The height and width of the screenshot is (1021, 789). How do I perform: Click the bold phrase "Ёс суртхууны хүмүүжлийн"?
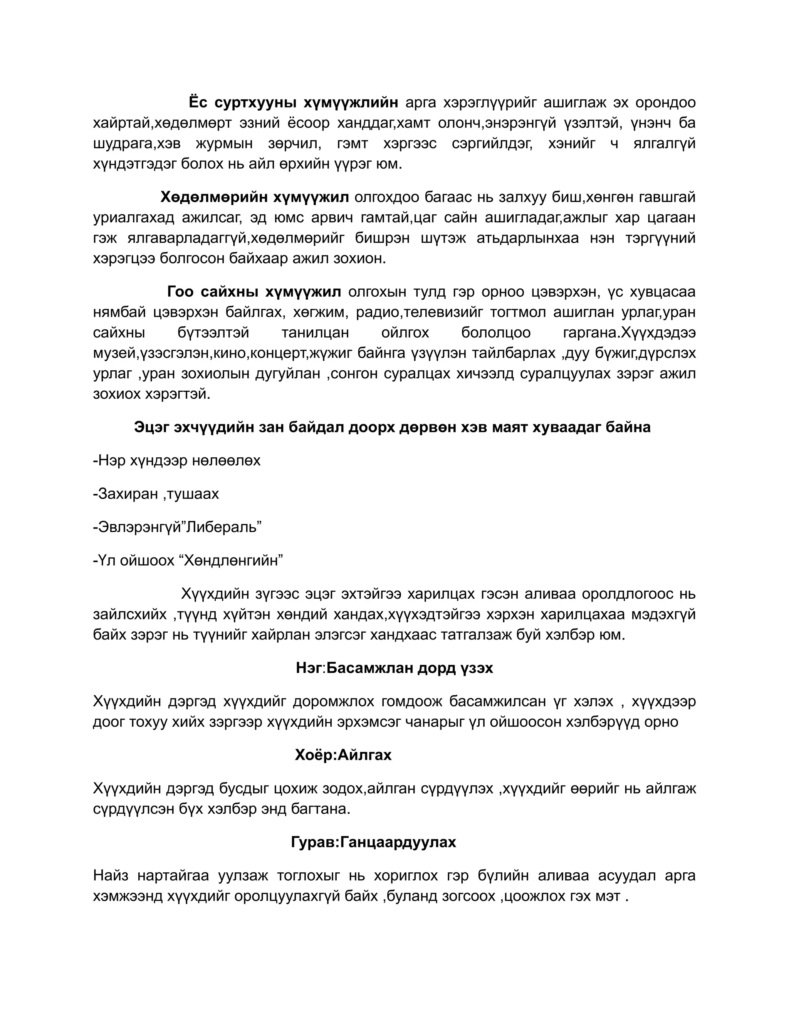pyautogui.click(x=294, y=102)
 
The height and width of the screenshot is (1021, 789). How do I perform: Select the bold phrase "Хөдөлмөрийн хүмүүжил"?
pyautogui.click(x=255, y=197)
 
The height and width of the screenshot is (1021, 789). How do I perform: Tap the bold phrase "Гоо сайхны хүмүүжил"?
pyautogui.click(x=254, y=292)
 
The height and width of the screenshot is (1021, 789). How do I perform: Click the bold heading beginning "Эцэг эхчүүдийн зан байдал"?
pyautogui.click(x=392, y=427)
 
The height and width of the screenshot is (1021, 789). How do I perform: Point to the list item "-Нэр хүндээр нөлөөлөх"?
pyautogui.click(x=177, y=460)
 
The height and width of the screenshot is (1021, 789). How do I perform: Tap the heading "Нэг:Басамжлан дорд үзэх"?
pyautogui.click(x=394, y=668)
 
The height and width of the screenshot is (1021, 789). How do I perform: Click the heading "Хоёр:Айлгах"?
pyautogui.click(x=343, y=754)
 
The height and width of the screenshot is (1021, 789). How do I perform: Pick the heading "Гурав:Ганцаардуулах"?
pyautogui.click(x=373, y=842)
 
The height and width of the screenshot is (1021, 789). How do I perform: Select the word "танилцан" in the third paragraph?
pyautogui.click(x=315, y=333)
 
